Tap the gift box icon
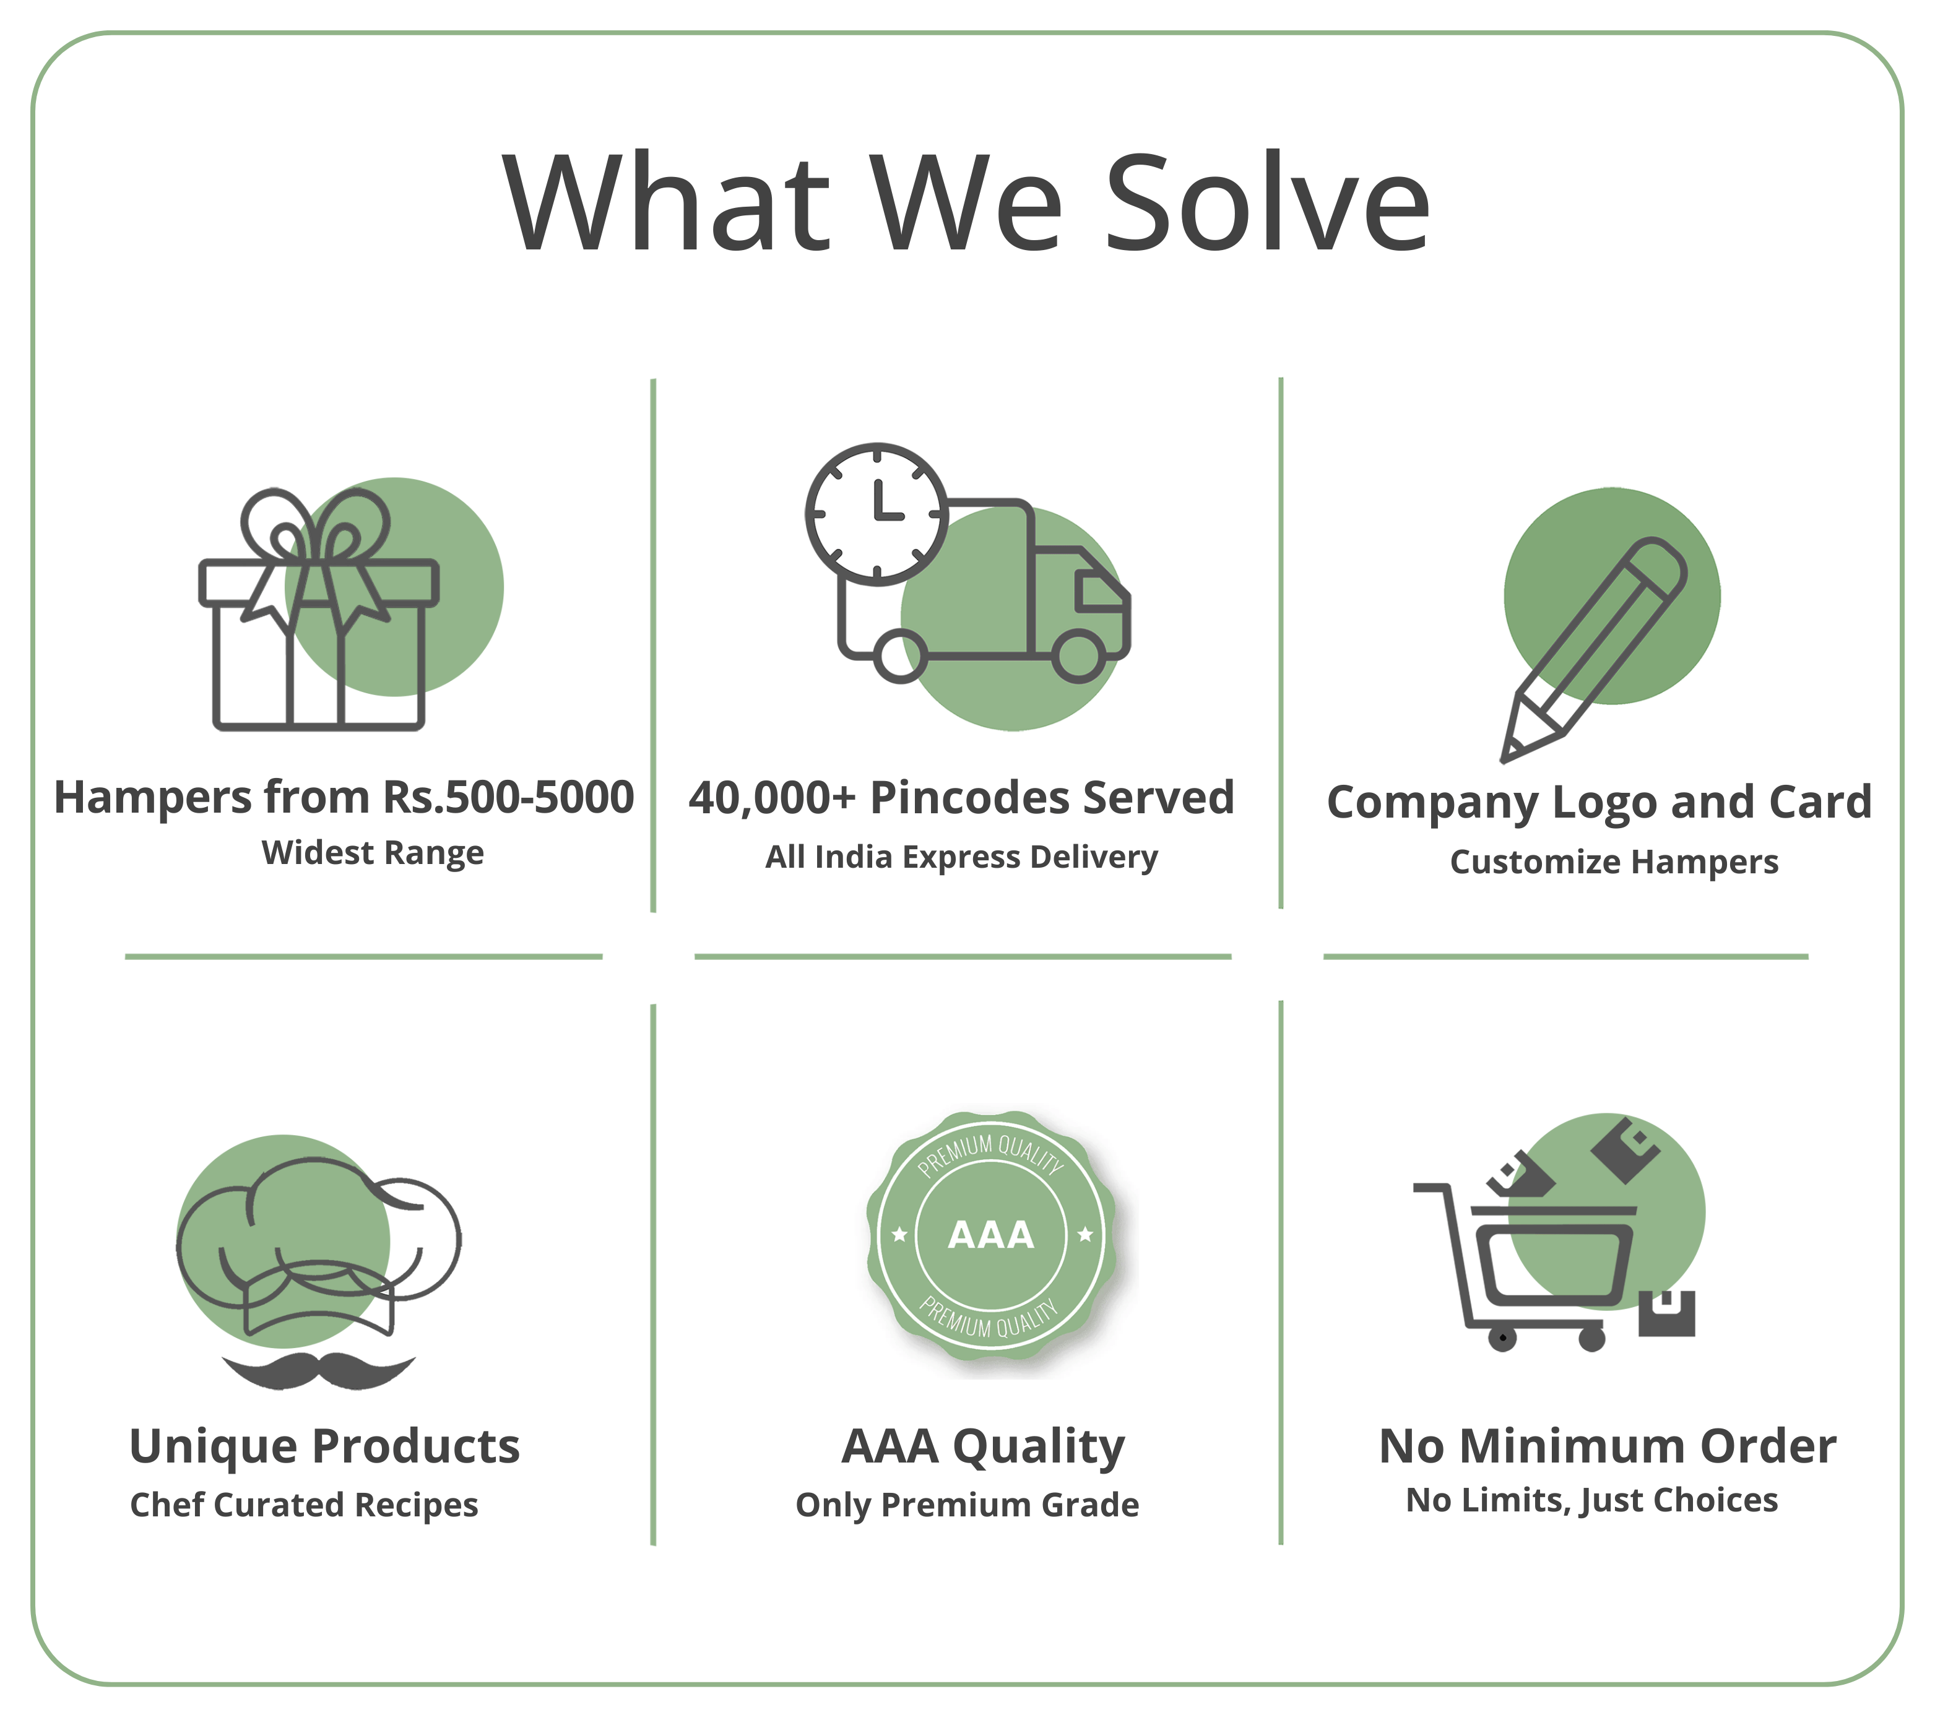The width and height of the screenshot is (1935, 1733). (318, 610)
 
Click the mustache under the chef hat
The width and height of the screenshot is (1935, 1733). (318, 1369)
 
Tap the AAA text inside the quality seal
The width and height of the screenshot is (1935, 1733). (990, 1235)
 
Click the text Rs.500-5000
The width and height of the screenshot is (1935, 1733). (508, 797)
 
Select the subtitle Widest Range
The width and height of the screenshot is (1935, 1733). (373, 853)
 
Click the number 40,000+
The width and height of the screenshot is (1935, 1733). (773, 798)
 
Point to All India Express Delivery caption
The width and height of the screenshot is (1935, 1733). (962, 857)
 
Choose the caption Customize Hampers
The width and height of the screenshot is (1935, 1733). (1614, 862)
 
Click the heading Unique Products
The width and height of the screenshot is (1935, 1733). (325, 1446)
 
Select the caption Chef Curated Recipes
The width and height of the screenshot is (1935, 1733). (304, 1505)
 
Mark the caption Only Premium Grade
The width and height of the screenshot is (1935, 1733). (967, 1505)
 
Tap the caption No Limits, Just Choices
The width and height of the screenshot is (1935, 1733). (1592, 1501)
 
